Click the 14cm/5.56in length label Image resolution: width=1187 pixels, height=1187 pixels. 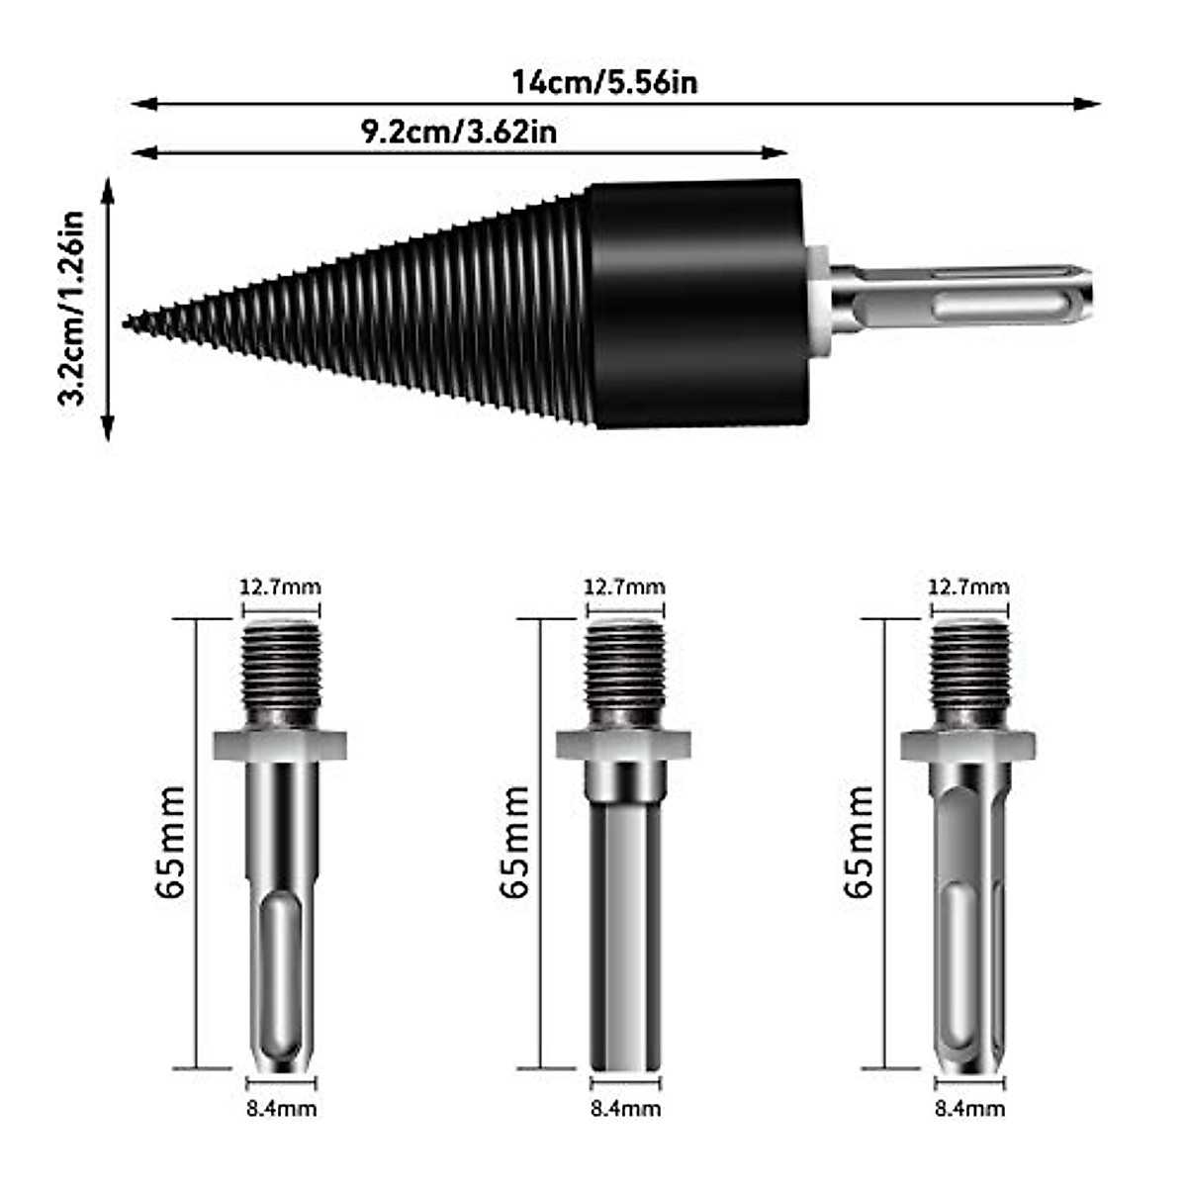(604, 81)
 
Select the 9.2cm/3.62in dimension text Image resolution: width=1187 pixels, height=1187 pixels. (458, 132)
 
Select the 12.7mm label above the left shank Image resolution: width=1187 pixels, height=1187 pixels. (280, 587)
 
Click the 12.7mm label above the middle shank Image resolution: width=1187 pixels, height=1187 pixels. (624, 587)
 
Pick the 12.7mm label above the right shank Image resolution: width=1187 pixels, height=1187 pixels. (968, 587)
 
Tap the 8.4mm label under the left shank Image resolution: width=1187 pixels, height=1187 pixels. (281, 1109)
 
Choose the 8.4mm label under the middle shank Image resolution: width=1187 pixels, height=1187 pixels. (625, 1109)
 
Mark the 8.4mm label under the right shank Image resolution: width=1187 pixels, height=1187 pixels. (969, 1109)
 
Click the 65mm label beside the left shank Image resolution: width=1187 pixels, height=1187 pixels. (170, 842)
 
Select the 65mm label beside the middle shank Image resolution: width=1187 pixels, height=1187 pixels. (515, 842)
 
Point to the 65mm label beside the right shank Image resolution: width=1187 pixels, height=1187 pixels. (859, 842)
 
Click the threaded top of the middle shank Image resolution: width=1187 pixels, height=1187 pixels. (624, 674)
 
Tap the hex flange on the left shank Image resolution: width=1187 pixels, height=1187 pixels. (280, 745)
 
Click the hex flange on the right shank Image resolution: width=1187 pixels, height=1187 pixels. (968, 745)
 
